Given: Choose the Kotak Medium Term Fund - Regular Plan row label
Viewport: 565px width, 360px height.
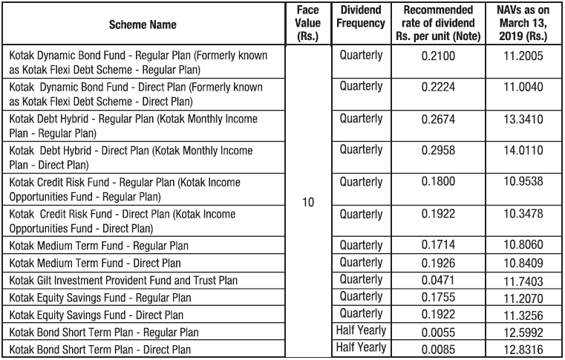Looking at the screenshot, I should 99,245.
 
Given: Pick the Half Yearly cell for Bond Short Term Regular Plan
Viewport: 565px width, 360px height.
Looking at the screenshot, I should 362,330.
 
